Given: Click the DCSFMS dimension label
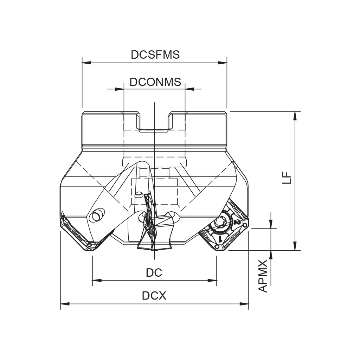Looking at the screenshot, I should pyautogui.click(x=155, y=54).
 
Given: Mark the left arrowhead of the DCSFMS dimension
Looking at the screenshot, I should pyautogui.click(x=85, y=63).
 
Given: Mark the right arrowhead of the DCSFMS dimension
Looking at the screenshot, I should pyautogui.click(x=224, y=63).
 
